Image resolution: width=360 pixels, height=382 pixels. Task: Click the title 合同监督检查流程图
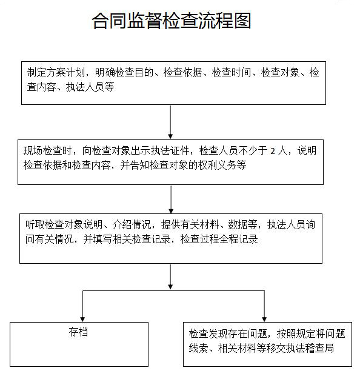[x=171, y=22]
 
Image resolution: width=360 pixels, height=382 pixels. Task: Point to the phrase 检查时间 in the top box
[x=228, y=73]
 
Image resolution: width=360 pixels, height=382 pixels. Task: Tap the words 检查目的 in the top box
[x=139, y=73]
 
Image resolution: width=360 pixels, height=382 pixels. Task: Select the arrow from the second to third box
[x=171, y=198]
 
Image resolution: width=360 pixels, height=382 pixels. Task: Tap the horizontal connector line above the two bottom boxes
[x=173, y=291]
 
